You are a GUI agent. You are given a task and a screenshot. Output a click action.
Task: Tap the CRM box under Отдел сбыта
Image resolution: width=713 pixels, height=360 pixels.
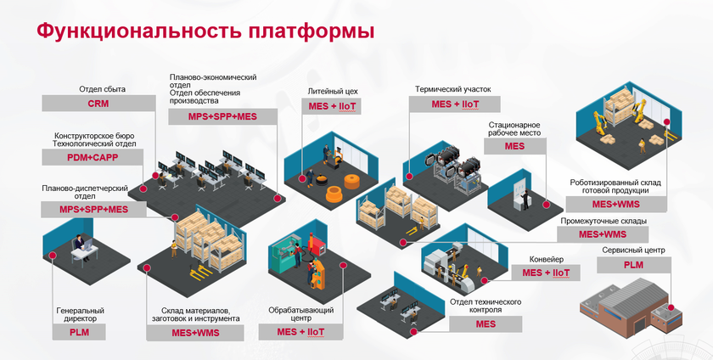(x=98, y=103)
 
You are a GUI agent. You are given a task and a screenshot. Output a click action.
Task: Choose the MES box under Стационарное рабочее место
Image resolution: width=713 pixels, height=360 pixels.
(x=514, y=146)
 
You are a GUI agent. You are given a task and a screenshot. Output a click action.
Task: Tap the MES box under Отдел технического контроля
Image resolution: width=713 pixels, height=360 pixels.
(x=486, y=324)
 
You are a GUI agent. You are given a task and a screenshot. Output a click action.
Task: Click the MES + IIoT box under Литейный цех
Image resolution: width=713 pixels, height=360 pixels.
(x=332, y=105)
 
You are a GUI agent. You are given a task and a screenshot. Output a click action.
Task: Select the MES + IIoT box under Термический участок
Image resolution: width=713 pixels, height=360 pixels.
(x=455, y=104)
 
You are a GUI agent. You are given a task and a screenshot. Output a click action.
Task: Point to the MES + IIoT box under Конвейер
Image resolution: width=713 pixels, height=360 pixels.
(x=546, y=273)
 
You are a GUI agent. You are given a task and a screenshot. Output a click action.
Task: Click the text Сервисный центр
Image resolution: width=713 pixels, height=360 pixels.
(x=632, y=250)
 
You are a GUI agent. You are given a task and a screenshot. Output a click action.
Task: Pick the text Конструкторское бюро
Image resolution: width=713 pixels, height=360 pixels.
(x=94, y=135)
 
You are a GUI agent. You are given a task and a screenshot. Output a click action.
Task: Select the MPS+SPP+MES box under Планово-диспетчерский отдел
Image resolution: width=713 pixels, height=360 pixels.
(x=93, y=209)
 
